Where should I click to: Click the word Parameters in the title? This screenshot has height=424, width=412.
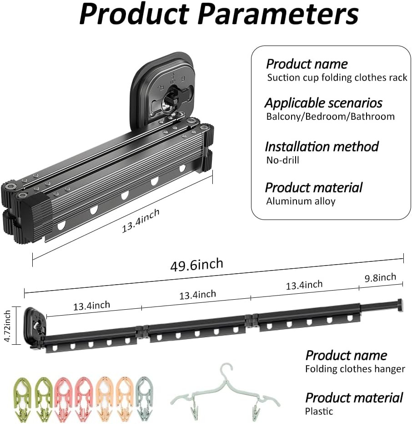278,14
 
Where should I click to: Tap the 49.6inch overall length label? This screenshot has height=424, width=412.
197,265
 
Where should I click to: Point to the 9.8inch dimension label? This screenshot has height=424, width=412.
381,278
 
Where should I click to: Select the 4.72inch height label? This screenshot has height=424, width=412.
8,326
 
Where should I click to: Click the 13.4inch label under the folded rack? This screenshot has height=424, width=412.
141,220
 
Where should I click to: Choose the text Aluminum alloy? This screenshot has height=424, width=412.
301,201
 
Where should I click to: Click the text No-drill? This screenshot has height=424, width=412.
283,160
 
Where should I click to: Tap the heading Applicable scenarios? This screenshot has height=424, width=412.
323,103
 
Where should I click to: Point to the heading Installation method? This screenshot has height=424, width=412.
322,147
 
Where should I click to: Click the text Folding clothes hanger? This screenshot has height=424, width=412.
355,369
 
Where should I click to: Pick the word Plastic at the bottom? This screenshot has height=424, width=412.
319,411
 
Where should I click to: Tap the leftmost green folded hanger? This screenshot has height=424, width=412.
22,398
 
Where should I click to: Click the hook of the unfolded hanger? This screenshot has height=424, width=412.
226,371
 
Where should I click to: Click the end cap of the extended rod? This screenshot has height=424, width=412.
400,305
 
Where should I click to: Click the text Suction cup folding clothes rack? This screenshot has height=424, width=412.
337,77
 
